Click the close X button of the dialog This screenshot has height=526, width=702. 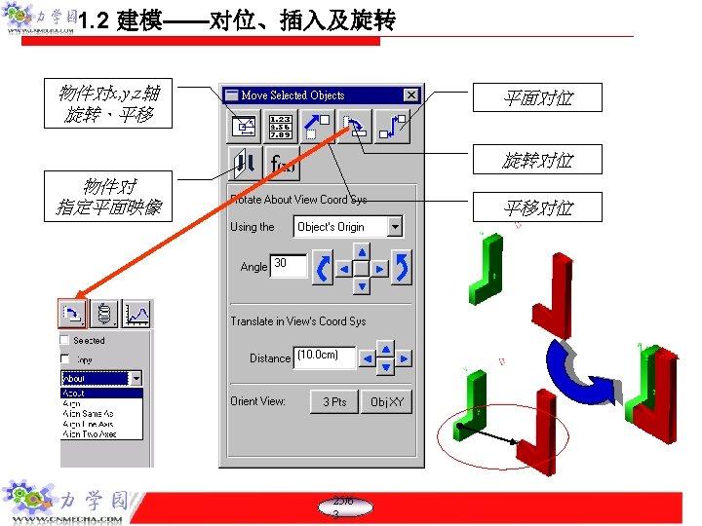coord(410,95)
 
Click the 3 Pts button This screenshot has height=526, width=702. coord(333,401)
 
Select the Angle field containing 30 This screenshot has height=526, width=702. coord(288,265)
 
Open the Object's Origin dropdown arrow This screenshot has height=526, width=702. coord(395,227)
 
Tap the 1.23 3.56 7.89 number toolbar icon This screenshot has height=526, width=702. coord(281,127)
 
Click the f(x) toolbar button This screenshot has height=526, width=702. coord(283,164)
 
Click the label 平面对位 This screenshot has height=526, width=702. coord(538,97)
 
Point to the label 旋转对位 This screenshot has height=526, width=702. coord(538,161)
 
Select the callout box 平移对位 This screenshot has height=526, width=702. coord(538,207)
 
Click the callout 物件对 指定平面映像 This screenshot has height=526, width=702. coord(108,197)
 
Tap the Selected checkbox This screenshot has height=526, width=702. coord(64,340)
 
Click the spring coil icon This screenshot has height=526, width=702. coord(104,313)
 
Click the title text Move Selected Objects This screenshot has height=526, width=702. coord(293,95)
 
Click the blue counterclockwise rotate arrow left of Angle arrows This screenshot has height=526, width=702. coord(322,267)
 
